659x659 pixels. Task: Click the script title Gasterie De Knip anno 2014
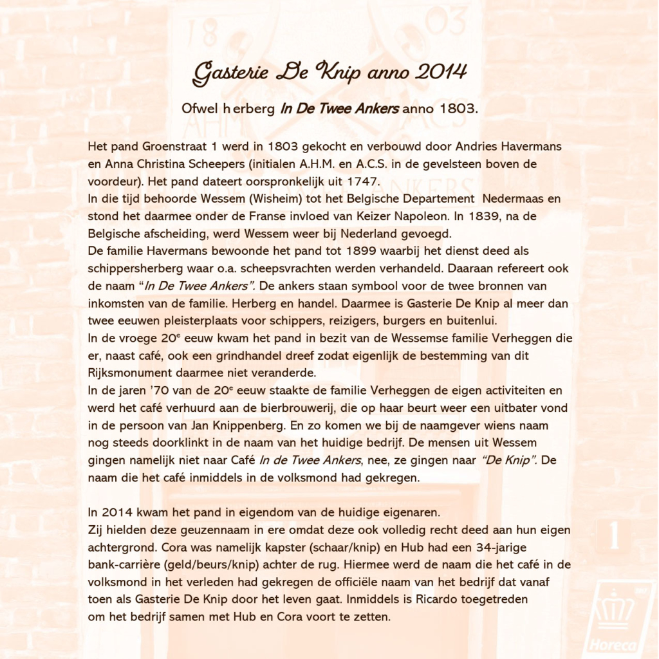[x=329, y=72]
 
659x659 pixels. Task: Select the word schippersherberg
[x=131, y=268]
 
